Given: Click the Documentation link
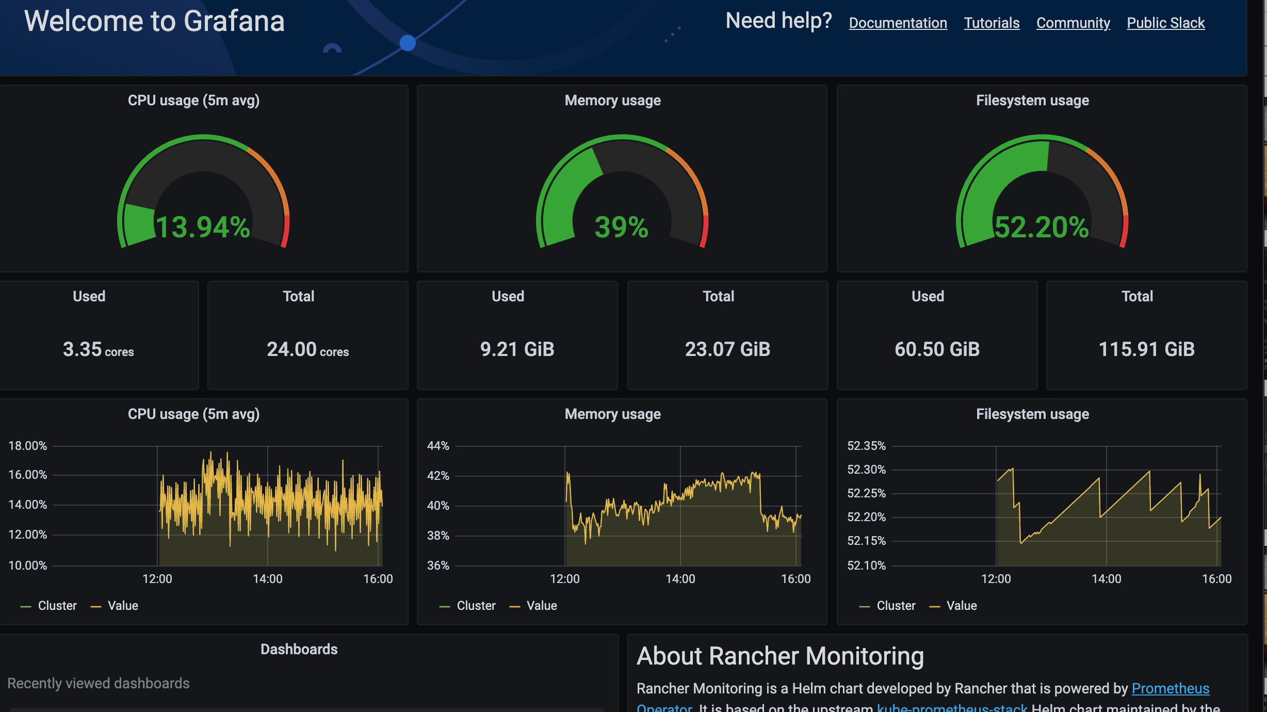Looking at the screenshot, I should [x=898, y=23].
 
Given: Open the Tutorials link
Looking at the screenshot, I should [x=992, y=23].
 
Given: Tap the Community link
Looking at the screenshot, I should [x=1073, y=23].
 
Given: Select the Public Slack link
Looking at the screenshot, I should [x=1165, y=23].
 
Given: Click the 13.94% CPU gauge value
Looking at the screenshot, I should [x=203, y=227].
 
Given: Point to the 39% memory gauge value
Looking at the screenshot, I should [x=621, y=227].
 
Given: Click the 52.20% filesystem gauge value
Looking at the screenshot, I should [x=1041, y=227].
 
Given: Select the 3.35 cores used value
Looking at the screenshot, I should [x=98, y=349].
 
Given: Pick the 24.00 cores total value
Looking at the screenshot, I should [x=307, y=349].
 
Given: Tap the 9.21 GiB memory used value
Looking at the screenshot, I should [x=517, y=349].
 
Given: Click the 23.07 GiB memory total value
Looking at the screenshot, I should [x=727, y=349].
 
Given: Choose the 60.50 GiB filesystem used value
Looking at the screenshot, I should [x=937, y=349].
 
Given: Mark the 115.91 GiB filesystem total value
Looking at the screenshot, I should [x=1146, y=349].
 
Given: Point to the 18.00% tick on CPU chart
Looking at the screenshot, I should [x=28, y=446].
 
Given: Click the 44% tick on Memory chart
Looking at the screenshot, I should [x=438, y=446].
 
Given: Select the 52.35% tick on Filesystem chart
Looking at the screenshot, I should [x=866, y=446].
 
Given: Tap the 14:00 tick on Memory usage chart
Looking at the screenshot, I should [x=680, y=579].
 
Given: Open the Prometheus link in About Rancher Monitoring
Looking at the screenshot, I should [x=1170, y=688].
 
